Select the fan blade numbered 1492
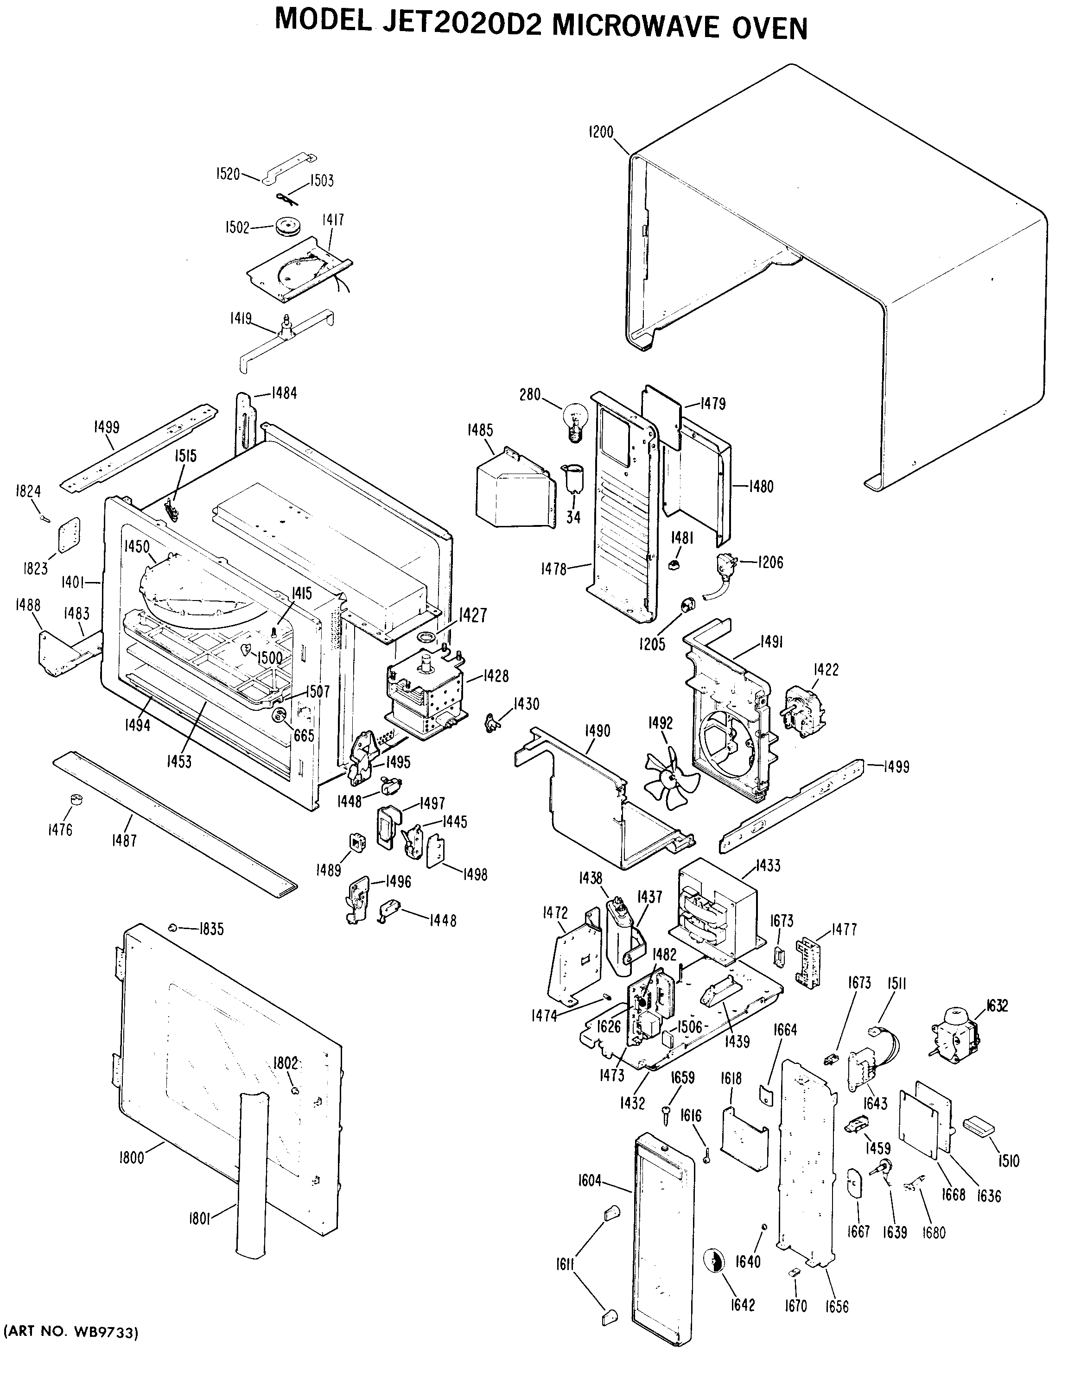tap(670, 778)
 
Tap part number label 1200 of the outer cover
tap(601, 133)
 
